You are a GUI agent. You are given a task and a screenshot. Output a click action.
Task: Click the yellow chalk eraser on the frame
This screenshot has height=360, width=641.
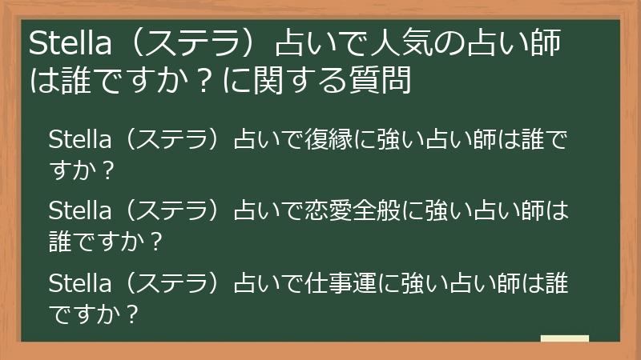(x=564, y=339)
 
